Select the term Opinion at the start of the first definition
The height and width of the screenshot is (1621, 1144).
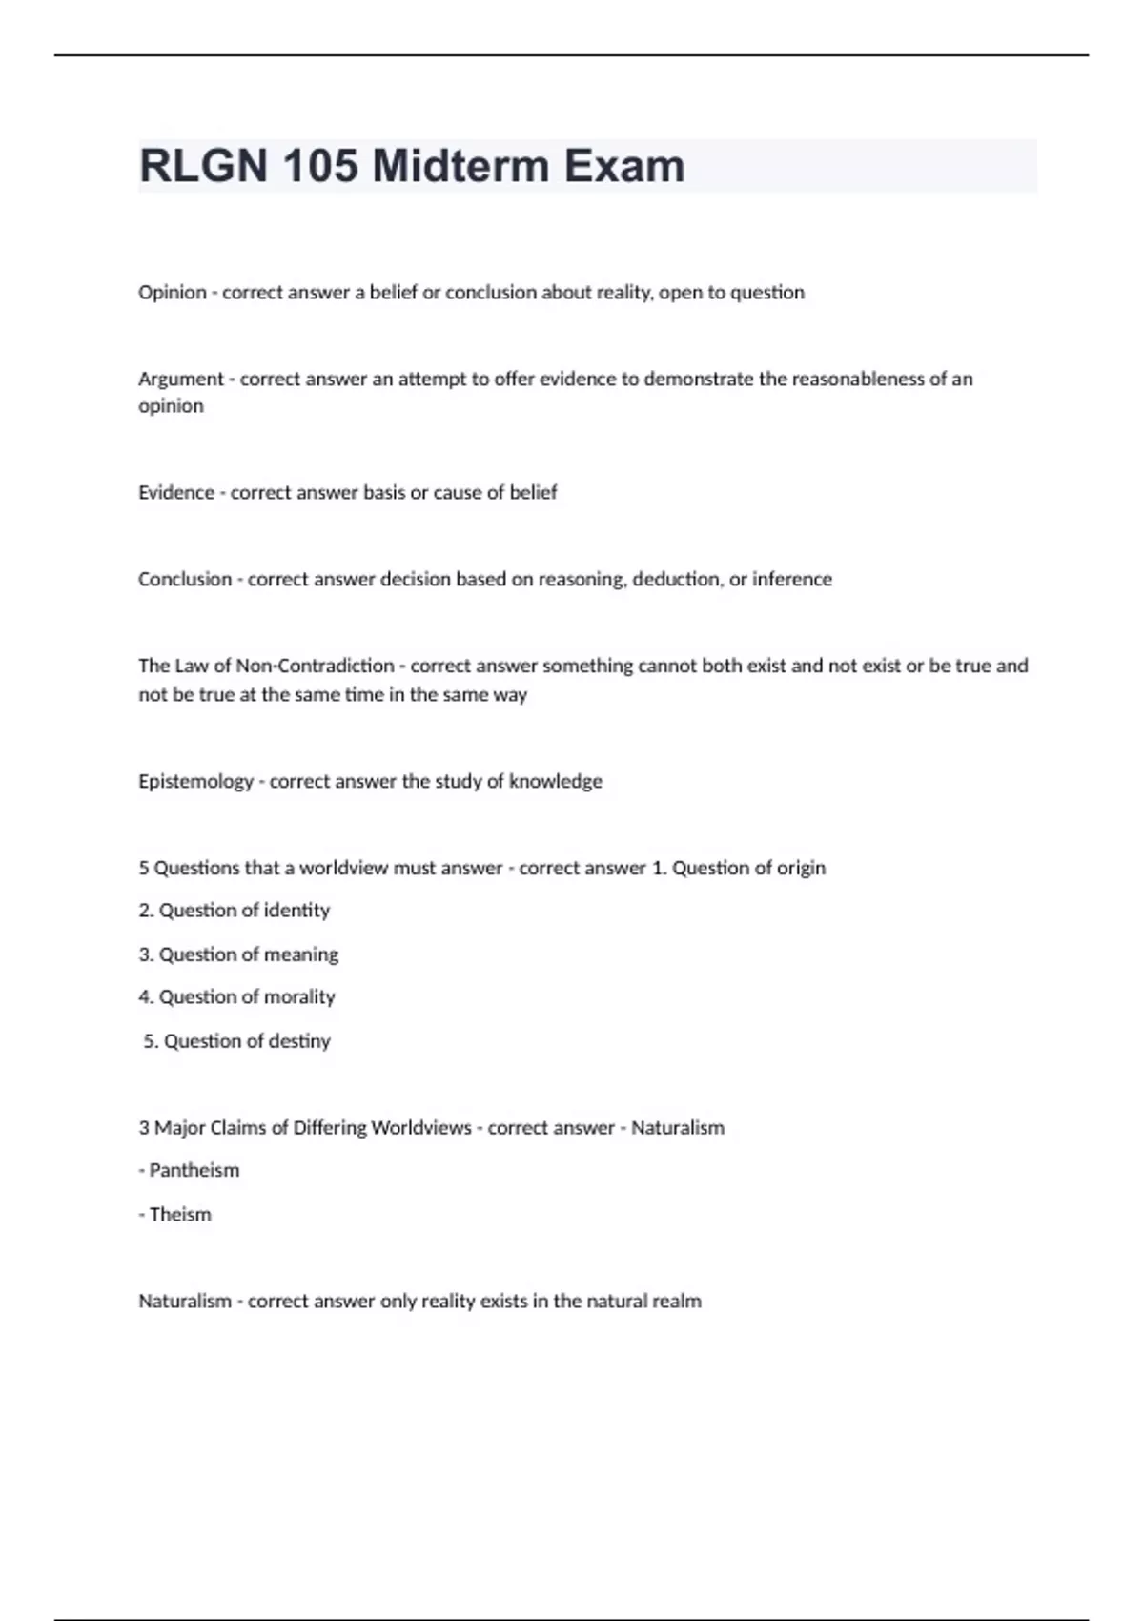[x=173, y=293]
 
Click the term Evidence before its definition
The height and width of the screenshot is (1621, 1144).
[x=176, y=493]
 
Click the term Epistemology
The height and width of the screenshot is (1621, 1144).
[x=195, y=782]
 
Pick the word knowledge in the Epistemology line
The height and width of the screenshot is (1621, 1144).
[x=555, y=782]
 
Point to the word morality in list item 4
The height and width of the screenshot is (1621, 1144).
[x=299, y=997]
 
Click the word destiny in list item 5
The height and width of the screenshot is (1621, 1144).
[x=299, y=1041]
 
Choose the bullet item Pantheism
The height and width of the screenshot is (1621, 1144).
[x=194, y=1171]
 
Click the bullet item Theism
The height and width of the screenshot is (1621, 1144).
[x=180, y=1215]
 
